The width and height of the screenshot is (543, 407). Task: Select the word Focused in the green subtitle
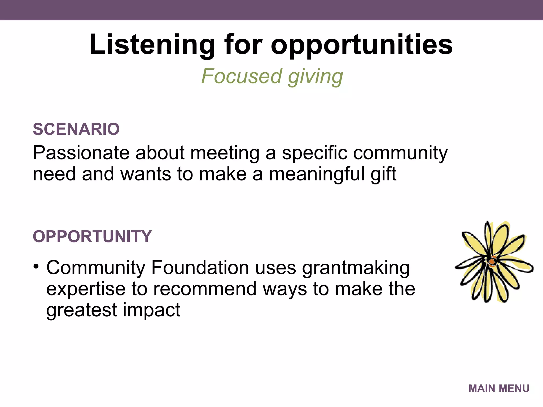[x=241, y=76]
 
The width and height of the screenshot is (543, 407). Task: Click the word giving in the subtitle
[x=316, y=77]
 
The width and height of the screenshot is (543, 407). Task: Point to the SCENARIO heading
[x=76, y=129]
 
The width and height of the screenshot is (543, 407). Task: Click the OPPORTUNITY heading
[x=92, y=236]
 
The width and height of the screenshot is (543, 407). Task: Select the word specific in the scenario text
[x=314, y=153]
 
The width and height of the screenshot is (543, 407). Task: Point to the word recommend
[x=205, y=289]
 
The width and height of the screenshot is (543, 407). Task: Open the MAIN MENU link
[x=499, y=388]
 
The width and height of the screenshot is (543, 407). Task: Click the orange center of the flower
[x=492, y=262]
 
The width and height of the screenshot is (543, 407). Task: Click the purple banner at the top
[x=271, y=10]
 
